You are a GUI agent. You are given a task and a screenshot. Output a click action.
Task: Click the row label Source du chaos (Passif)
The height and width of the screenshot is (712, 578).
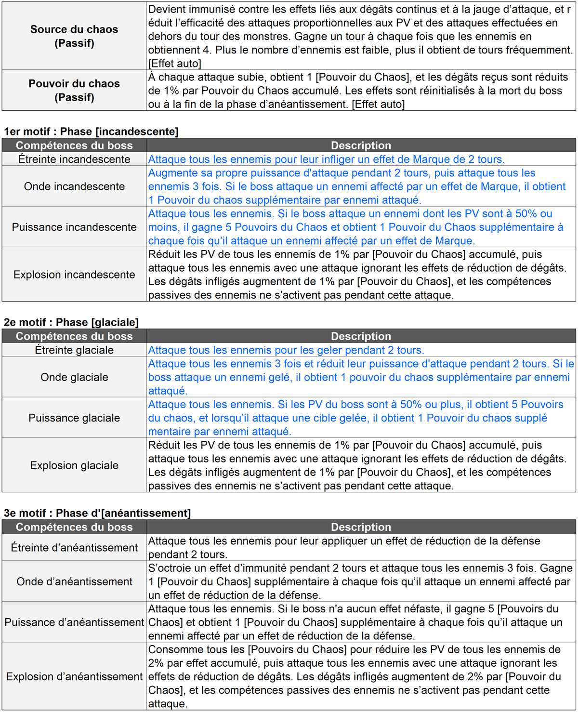click(74, 36)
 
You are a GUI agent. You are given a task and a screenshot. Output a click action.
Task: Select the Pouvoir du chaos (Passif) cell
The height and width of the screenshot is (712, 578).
click(74, 91)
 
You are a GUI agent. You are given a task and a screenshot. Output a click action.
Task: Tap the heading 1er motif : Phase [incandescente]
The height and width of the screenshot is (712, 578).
click(91, 132)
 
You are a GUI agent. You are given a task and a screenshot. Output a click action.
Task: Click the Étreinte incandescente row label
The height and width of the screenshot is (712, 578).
click(74, 159)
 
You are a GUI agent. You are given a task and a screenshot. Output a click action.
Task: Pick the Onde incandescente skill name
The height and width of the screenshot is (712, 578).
click(74, 186)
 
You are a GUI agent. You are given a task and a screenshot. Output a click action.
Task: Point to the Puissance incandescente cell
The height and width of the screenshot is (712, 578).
click(74, 227)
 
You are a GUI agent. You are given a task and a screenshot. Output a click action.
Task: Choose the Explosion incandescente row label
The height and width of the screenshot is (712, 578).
click(74, 275)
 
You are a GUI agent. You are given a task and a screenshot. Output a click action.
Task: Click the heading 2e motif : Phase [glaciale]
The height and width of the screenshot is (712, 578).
click(71, 322)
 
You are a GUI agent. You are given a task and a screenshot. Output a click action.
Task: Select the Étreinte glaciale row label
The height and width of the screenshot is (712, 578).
click(74, 350)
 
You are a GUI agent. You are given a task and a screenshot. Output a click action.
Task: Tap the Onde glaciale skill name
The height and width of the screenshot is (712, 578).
click(74, 377)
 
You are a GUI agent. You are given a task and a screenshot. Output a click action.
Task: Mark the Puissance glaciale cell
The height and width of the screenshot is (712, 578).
click(74, 418)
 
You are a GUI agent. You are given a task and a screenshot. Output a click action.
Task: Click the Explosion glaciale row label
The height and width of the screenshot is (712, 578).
click(74, 465)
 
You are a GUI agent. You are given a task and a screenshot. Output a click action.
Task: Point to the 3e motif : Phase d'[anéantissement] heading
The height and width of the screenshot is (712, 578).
click(97, 513)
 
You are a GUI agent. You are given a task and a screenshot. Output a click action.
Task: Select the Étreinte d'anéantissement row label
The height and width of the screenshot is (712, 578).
click(74, 548)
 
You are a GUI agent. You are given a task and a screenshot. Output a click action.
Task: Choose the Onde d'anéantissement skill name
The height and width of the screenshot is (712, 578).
click(74, 581)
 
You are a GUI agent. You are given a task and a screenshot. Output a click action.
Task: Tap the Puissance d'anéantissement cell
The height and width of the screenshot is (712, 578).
click(74, 622)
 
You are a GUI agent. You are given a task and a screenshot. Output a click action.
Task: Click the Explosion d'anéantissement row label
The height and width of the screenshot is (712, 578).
click(74, 676)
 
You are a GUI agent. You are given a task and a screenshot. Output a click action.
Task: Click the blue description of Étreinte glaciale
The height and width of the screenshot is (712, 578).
click(286, 350)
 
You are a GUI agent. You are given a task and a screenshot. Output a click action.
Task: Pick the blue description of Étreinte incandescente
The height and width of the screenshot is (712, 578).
click(326, 159)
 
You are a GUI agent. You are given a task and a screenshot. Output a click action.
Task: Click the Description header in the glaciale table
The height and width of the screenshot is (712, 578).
click(361, 336)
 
